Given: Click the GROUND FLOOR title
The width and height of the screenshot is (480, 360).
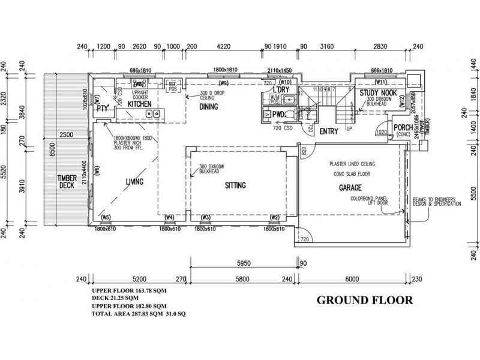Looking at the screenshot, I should [364, 299].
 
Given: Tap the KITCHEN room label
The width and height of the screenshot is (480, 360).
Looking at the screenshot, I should [139, 104].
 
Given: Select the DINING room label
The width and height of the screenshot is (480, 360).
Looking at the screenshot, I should [209, 107].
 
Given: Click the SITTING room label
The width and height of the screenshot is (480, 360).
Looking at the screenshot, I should [235, 185].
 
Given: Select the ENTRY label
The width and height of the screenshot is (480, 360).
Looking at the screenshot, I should [329, 131].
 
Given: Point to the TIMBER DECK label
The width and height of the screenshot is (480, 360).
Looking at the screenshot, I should [66, 181].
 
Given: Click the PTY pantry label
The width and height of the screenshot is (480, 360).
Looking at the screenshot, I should [102, 109].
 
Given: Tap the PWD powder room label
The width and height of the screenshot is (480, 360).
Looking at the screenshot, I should [278, 113].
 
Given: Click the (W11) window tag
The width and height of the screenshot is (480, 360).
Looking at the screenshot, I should [380, 82].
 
